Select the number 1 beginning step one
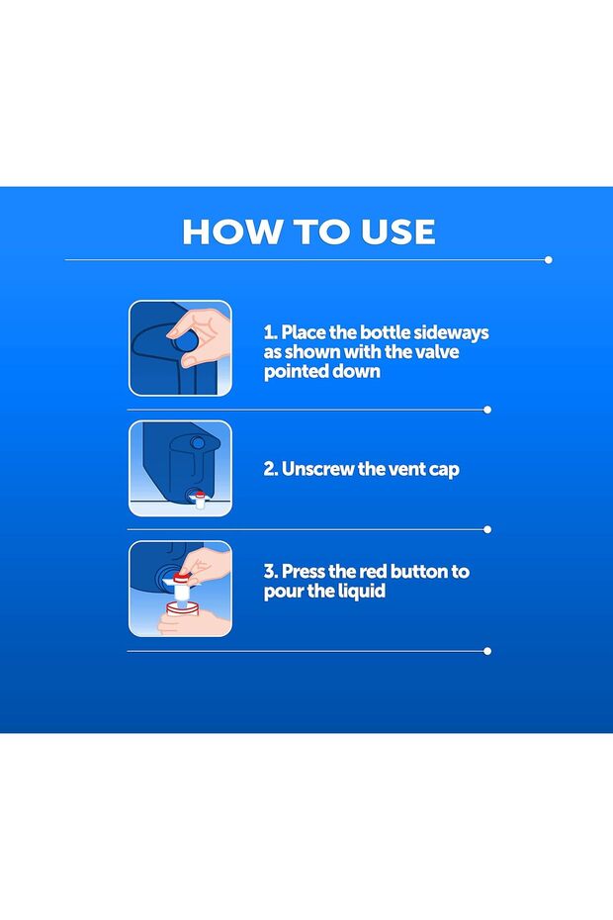point(269,332)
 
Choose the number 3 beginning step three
point(270,572)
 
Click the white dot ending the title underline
point(549,260)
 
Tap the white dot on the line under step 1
point(487,410)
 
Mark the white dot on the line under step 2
point(487,529)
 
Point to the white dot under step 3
point(487,651)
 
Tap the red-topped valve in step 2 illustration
point(200,500)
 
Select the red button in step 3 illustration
point(180,578)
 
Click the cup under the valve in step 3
point(183,610)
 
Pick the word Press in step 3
point(304,572)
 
